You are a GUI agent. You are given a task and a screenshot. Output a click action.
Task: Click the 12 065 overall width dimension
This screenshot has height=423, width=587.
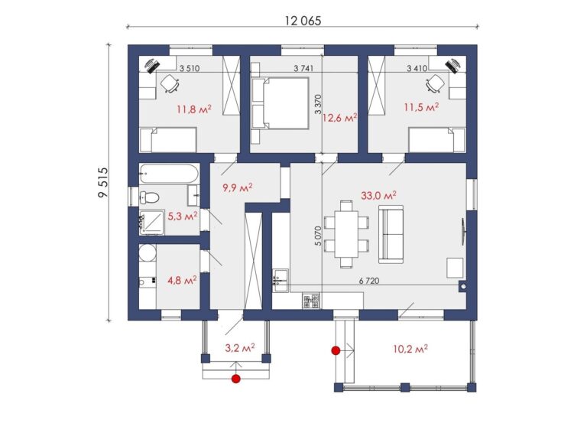pyautogui.click(x=303, y=21)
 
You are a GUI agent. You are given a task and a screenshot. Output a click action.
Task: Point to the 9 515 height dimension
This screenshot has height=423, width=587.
pyautogui.click(x=102, y=183)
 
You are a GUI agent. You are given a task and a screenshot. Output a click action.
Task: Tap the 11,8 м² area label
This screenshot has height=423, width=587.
pyautogui.click(x=194, y=109)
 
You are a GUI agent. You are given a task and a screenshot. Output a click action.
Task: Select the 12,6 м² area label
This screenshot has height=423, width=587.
pyautogui.click(x=339, y=119)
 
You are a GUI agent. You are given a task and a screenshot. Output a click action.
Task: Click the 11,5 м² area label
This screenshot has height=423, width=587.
pyautogui.click(x=421, y=108)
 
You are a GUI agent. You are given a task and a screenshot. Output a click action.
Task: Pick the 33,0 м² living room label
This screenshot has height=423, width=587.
pyautogui.click(x=378, y=195)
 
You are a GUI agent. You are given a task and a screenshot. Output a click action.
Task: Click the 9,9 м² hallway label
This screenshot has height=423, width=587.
pyautogui.click(x=238, y=187)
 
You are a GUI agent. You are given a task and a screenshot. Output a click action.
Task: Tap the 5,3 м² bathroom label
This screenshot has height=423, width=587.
pyautogui.click(x=183, y=216)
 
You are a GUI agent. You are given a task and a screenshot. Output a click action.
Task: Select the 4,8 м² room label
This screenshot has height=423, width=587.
pyautogui.click(x=182, y=280)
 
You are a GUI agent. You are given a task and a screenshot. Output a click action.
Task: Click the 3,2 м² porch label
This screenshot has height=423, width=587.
pyautogui.click(x=239, y=348)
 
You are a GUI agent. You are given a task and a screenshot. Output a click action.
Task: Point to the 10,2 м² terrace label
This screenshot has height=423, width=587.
pyautogui.click(x=410, y=350)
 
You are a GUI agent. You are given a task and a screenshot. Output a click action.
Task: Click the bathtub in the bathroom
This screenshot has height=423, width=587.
pyautogui.click(x=168, y=174)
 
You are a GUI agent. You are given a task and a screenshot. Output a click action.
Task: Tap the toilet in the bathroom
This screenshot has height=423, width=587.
pyautogui.click(x=149, y=197)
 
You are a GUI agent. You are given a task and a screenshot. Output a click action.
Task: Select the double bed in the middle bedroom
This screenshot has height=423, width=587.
pyautogui.click(x=281, y=103)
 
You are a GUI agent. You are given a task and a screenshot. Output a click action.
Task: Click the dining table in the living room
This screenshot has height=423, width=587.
pyautogui.click(x=346, y=234)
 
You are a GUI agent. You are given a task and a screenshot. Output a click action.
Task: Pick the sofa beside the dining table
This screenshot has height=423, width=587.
pyautogui.click(x=391, y=234)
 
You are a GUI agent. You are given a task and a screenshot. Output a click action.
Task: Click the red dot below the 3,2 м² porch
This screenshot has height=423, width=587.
pyautogui.click(x=235, y=379)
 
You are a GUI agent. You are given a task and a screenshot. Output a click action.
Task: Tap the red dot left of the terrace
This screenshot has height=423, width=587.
pyautogui.click(x=336, y=350)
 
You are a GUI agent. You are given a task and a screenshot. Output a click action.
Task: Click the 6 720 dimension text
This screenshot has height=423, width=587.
pyautogui.click(x=369, y=280)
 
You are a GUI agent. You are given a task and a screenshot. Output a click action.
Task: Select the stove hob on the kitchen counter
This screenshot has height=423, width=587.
pyautogui.click(x=312, y=300)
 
